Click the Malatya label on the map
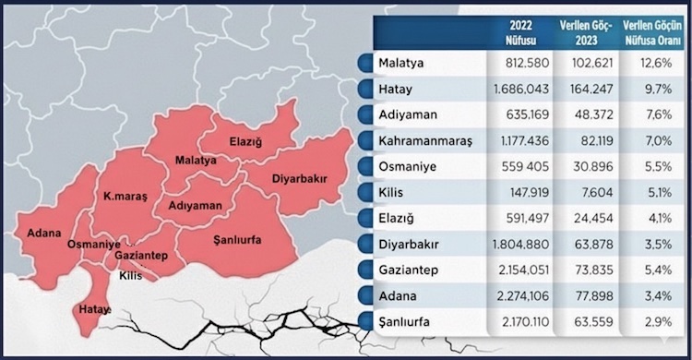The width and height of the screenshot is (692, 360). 196,160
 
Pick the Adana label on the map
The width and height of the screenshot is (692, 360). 43,232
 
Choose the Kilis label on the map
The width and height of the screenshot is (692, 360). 132,275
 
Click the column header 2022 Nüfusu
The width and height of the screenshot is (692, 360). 514,33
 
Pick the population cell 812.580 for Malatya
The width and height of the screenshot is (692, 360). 514,64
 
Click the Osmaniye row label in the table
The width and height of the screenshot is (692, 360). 406,169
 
